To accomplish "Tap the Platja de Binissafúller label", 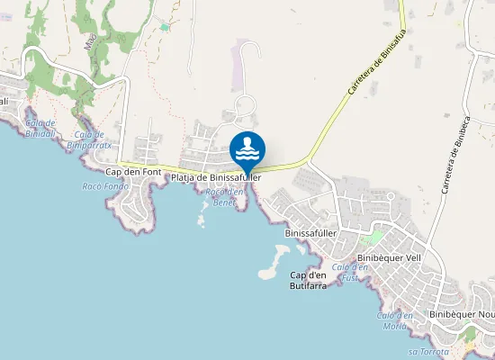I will (216, 178).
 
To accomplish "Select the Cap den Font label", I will (133, 171).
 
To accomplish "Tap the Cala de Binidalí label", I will (40, 127).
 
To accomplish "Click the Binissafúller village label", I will (310, 232).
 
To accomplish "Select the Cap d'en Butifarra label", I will (309, 280).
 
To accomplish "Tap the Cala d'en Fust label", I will (350, 272).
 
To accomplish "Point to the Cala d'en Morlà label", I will (395, 320).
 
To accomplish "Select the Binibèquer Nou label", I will (461, 314).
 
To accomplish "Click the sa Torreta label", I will (427, 351).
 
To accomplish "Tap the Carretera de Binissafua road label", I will (371, 76).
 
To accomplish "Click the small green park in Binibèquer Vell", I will (370, 238).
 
